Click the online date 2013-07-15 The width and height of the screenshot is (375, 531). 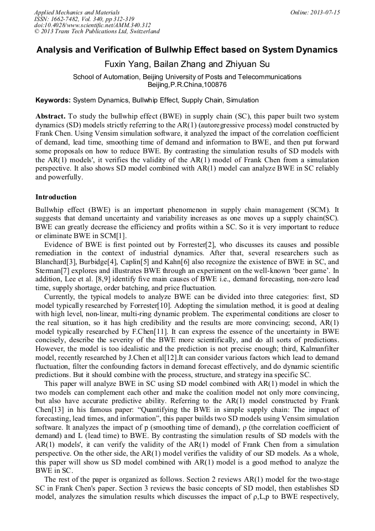point(323,12)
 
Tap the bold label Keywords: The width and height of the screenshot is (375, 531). point(53,100)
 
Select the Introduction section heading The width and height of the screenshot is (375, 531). point(56,197)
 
